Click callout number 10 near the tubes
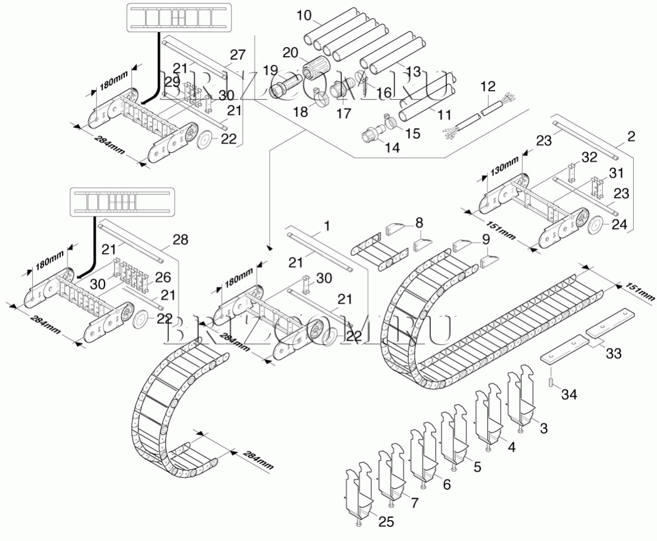click(304, 14)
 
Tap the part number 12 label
click(488, 87)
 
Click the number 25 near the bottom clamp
click(387, 522)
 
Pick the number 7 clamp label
click(414, 502)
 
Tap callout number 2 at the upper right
click(630, 137)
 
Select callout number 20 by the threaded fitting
click(291, 52)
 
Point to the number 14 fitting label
click(392, 147)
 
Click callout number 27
click(237, 55)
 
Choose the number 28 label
click(180, 240)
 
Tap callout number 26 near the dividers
click(163, 277)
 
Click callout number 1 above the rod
click(326, 226)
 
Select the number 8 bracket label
click(420, 222)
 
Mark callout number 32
click(589, 157)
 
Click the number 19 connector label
click(272, 69)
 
